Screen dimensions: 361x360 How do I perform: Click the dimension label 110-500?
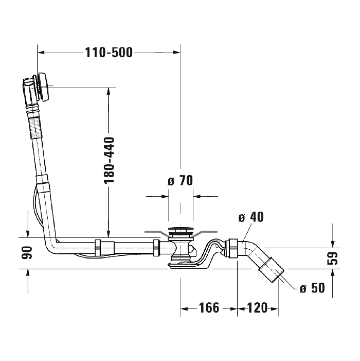click(x=109, y=52)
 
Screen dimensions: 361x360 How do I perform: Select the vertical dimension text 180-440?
click(x=109, y=160)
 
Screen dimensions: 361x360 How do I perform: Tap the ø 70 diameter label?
click(x=179, y=181)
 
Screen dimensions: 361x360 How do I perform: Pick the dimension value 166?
click(x=209, y=308)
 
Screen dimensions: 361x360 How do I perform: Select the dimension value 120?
click(x=258, y=308)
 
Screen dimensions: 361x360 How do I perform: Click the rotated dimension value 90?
click(x=28, y=252)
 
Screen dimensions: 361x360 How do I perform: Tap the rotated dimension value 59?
click(x=334, y=257)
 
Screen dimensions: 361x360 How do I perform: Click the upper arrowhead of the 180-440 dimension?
click(x=109, y=91)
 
